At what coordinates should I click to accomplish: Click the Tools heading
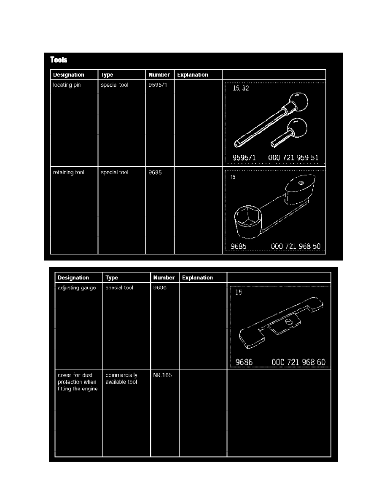coord(59,60)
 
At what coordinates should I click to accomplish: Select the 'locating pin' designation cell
coord(67,85)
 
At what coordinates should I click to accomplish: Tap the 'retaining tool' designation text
coord(69,172)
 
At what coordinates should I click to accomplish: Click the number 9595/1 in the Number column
coord(158,85)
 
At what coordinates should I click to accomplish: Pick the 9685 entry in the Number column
coord(155,172)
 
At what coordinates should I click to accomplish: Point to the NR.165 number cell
coord(162,375)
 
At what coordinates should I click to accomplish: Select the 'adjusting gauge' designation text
coord(77,287)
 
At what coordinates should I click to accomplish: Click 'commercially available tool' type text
coord(121,378)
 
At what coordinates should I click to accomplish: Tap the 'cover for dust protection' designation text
coord(78,382)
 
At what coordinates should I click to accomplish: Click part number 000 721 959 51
coord(293,157)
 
